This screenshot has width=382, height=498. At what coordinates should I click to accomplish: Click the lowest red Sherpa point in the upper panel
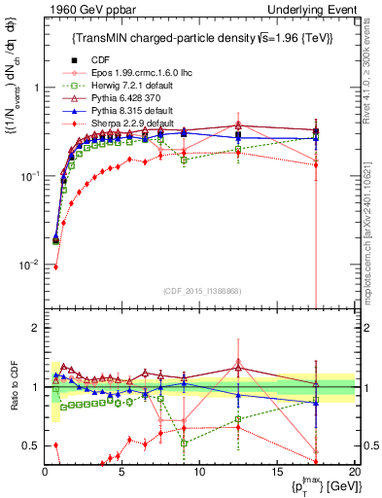tap(55, 267)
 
